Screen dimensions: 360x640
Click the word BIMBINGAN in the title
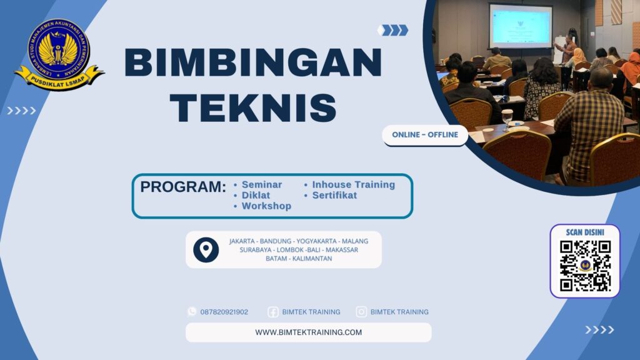pos(253,62)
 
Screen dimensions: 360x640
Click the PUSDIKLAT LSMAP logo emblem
pos(59,54)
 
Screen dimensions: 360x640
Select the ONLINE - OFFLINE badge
pos(425,135)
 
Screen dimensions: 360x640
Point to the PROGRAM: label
pos(182,187)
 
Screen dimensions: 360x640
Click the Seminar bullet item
pos(261,184)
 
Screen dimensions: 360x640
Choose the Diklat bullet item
pos(256,195)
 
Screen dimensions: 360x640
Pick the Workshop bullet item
pos(266,206)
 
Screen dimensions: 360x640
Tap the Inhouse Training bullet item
pos(353,184)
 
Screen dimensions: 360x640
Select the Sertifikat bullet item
pos(334,195)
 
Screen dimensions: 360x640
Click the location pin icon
pos(206,249)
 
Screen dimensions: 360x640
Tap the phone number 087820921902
pos(224,312)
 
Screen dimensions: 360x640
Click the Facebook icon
pos(273,312)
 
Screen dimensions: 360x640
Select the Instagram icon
pos(361,312)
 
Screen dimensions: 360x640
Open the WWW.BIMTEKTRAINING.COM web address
pos(308,332)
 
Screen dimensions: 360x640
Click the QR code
pos(585,266)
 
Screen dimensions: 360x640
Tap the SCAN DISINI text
pos(585,232)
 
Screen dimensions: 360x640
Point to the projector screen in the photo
pos(520,26)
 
